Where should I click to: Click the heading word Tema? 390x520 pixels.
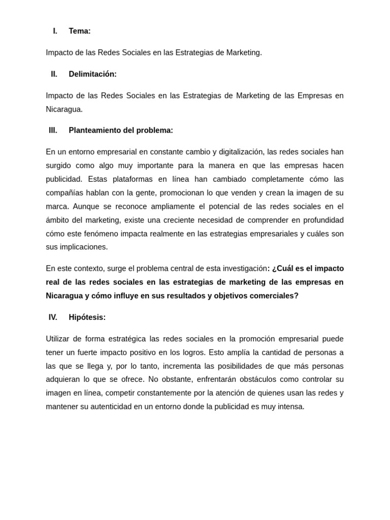click(80, 31)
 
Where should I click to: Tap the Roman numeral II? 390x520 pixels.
click(54, 74)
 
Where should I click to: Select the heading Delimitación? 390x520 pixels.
click(92, 74)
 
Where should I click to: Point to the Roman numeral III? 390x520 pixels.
click(53, 131)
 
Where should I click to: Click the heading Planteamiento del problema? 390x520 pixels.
click(121, 131)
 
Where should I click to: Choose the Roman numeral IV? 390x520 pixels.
click(53, 317)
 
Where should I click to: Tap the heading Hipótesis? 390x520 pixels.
click(87, 317)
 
